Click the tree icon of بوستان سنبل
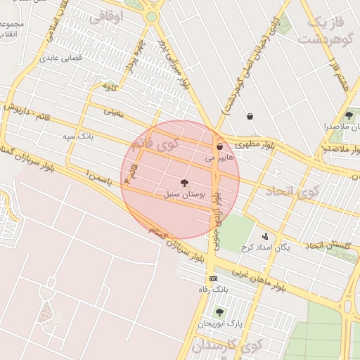click(x=184, y=182)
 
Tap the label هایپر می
click(x=218, y=159)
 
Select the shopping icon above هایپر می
click(x=221, y=147)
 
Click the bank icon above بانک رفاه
click(x=213, y=278)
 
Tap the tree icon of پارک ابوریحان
click(x=219, y=312)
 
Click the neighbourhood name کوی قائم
click(x=155, y=146)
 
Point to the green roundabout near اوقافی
click(x=151, y=16)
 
